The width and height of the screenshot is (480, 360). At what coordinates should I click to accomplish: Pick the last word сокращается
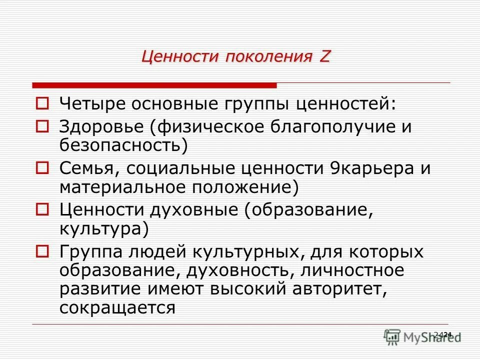click(117, 307)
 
